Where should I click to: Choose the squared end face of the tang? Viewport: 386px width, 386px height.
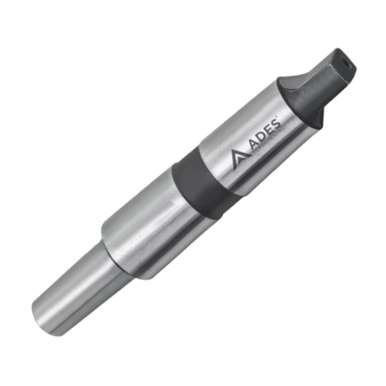coord(341,60)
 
